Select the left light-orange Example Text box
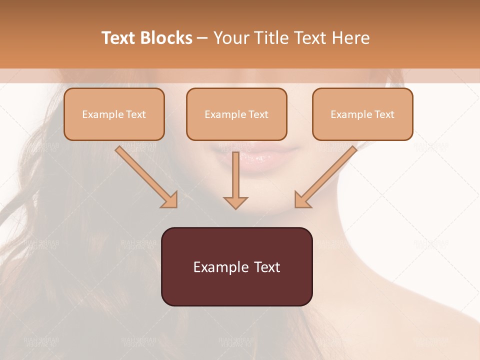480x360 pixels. [x=114, y=114]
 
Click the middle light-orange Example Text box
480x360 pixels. [x=236, y=114]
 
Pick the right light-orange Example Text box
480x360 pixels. [x=362, y=114]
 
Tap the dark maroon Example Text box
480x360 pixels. [x=236, y=266]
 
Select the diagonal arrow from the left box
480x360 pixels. [x=145, y=175]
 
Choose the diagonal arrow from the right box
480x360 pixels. [x=327, y=175]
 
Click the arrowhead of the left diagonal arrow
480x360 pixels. [x=170, y=200]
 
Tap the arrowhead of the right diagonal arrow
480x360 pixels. [x=302, y=200]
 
